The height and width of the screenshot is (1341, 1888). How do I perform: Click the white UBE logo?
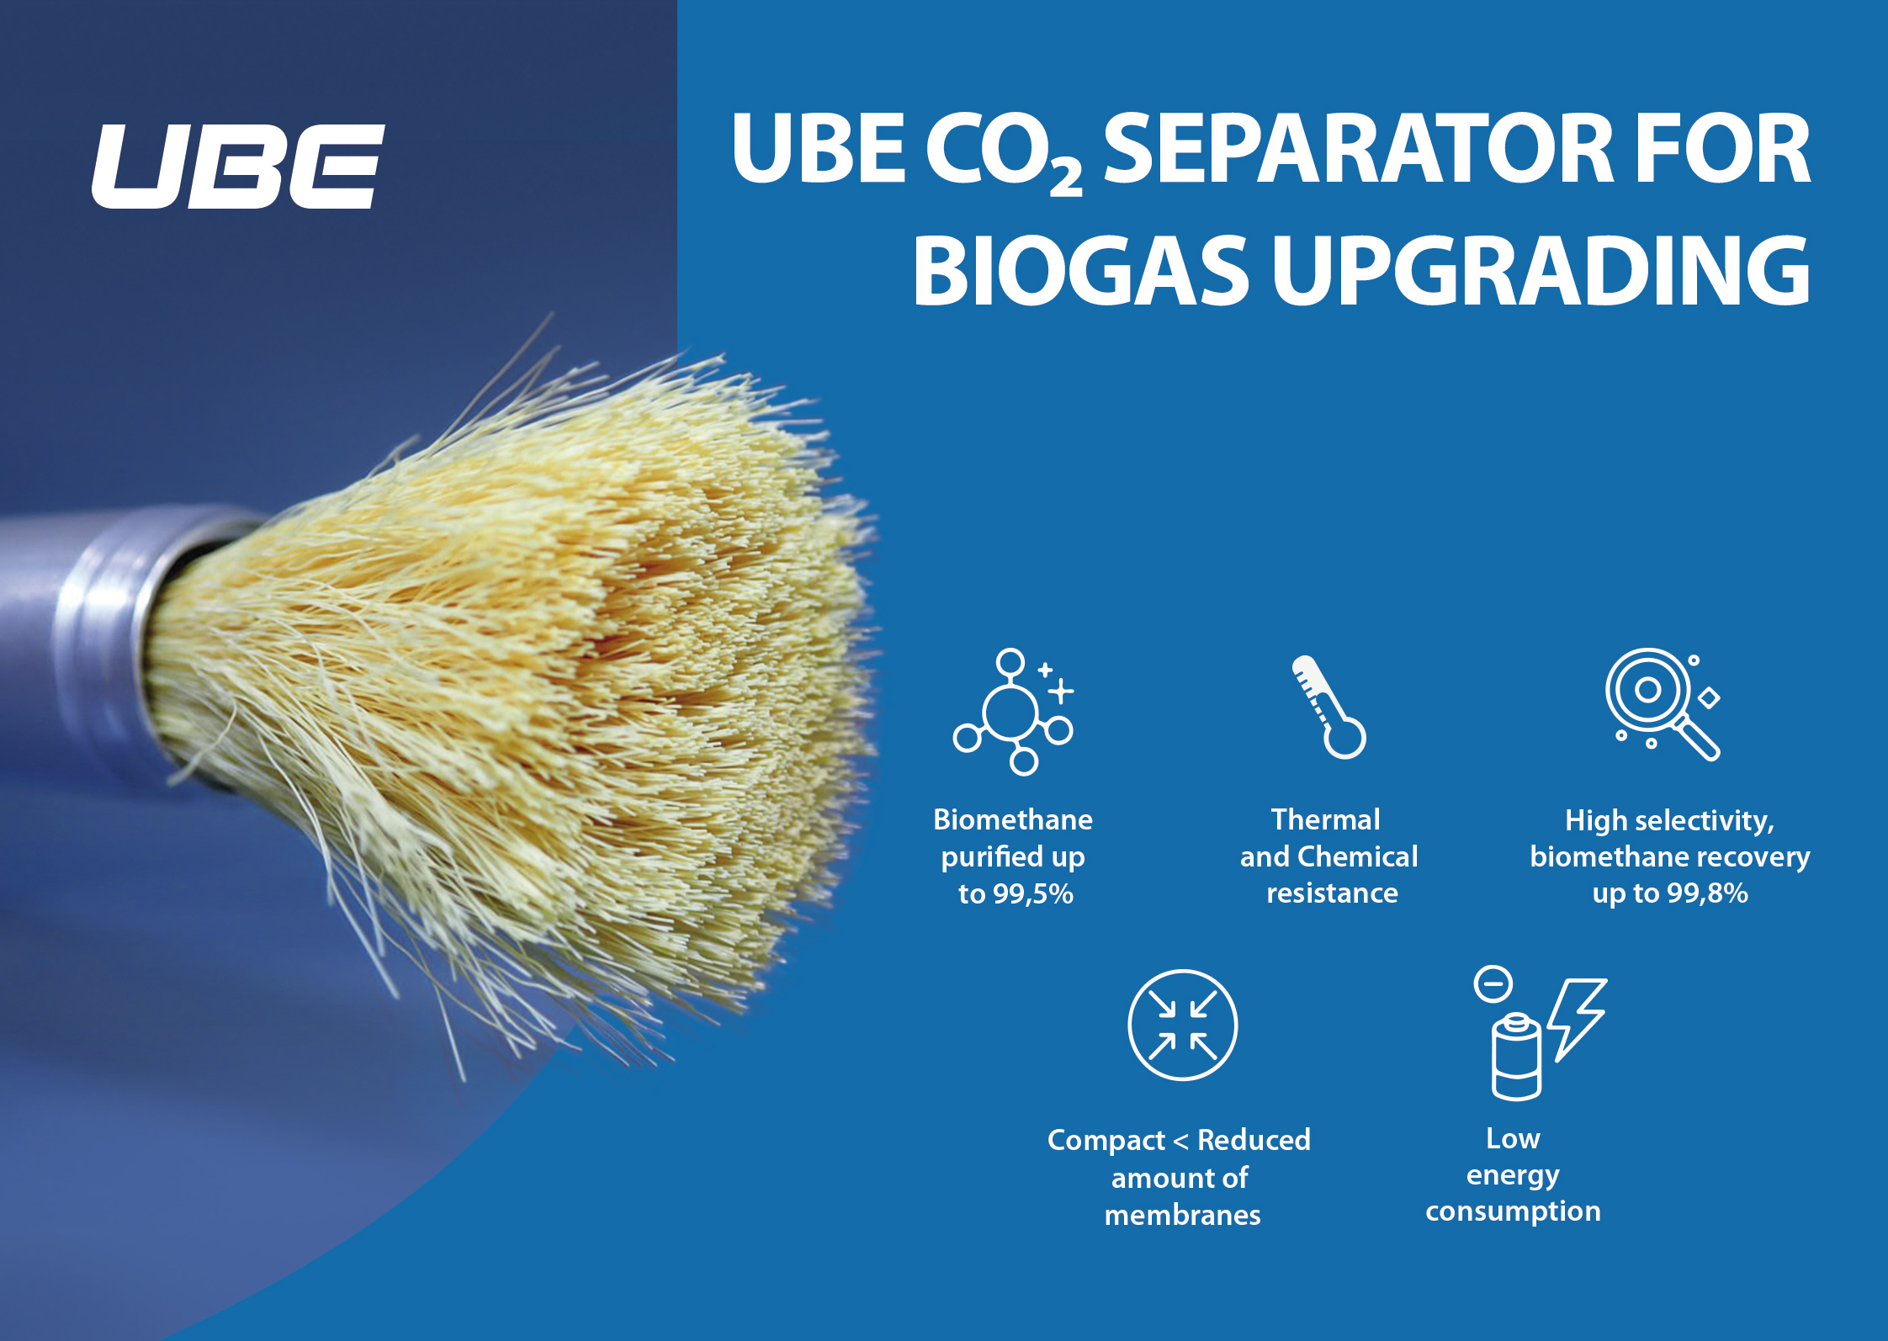tap(238, 167)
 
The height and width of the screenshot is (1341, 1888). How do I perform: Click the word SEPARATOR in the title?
tap(1355, 149)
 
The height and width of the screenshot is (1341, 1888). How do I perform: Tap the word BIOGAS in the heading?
tap(1080, 271)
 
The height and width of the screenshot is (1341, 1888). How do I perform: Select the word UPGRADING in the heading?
tap(1541, 271)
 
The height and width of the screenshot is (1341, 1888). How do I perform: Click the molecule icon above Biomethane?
tap(1014, 711)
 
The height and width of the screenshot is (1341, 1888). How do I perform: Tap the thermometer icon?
tap(1328, 707)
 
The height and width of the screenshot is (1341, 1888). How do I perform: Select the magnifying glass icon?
tap(1663, 704)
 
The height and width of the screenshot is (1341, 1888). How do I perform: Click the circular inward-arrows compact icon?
tap(1182, 1025)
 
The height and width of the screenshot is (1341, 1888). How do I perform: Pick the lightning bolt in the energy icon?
tap(1576, 1019)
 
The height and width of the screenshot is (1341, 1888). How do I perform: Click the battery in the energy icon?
tap(1516, 1057)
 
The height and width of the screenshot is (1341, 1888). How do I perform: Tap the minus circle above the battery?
tap(1493, 983)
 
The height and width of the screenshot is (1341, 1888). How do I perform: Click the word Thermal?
tap(1326, 819)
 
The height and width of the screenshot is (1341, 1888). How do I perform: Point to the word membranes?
tap(1182, 1215)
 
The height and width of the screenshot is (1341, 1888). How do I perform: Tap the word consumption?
tap(1513, 1211)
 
